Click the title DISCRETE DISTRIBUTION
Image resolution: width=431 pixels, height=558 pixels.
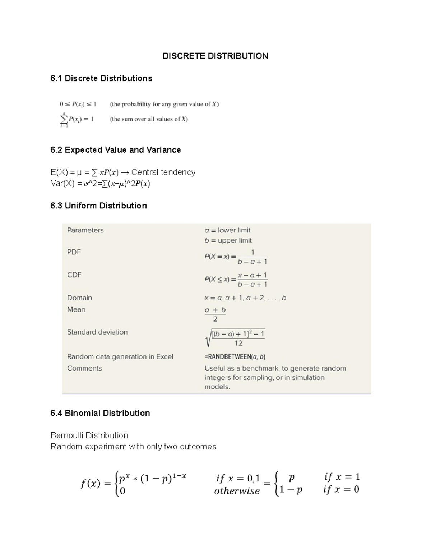click(215, 56)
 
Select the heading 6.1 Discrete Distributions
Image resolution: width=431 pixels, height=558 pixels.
click(101, 78)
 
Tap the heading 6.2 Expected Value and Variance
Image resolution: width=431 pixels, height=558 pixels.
click(115, 150)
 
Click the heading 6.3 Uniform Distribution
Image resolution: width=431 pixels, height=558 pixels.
click(98, 206)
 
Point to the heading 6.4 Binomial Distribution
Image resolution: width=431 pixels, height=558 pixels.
click(100, 413)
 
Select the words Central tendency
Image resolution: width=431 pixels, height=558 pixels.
click(163, 172)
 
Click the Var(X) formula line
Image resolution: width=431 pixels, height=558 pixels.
click(100, 184)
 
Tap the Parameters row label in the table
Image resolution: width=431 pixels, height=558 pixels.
click(85, 230)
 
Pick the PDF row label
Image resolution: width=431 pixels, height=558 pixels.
click(74, 252)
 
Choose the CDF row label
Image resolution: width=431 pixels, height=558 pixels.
click(74, 275)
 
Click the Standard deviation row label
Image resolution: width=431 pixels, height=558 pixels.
click(97, 332)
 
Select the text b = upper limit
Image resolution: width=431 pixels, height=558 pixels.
click(228, 240)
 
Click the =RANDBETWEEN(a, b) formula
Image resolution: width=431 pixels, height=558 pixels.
click(235, 357)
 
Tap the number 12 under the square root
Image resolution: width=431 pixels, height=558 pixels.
click(238, 343)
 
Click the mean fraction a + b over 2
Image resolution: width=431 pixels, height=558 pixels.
click(215, 314)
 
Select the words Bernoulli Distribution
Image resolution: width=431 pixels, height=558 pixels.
click(89, 435)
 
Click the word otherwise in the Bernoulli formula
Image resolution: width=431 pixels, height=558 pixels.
click(237, 491)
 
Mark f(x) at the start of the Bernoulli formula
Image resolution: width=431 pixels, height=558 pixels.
click(90, 484)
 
